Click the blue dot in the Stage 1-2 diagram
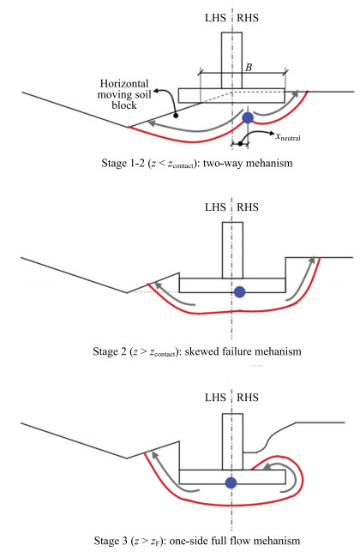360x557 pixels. point(247,117)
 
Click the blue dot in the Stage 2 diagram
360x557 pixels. point(238,291)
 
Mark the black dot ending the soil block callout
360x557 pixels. point(175,114)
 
